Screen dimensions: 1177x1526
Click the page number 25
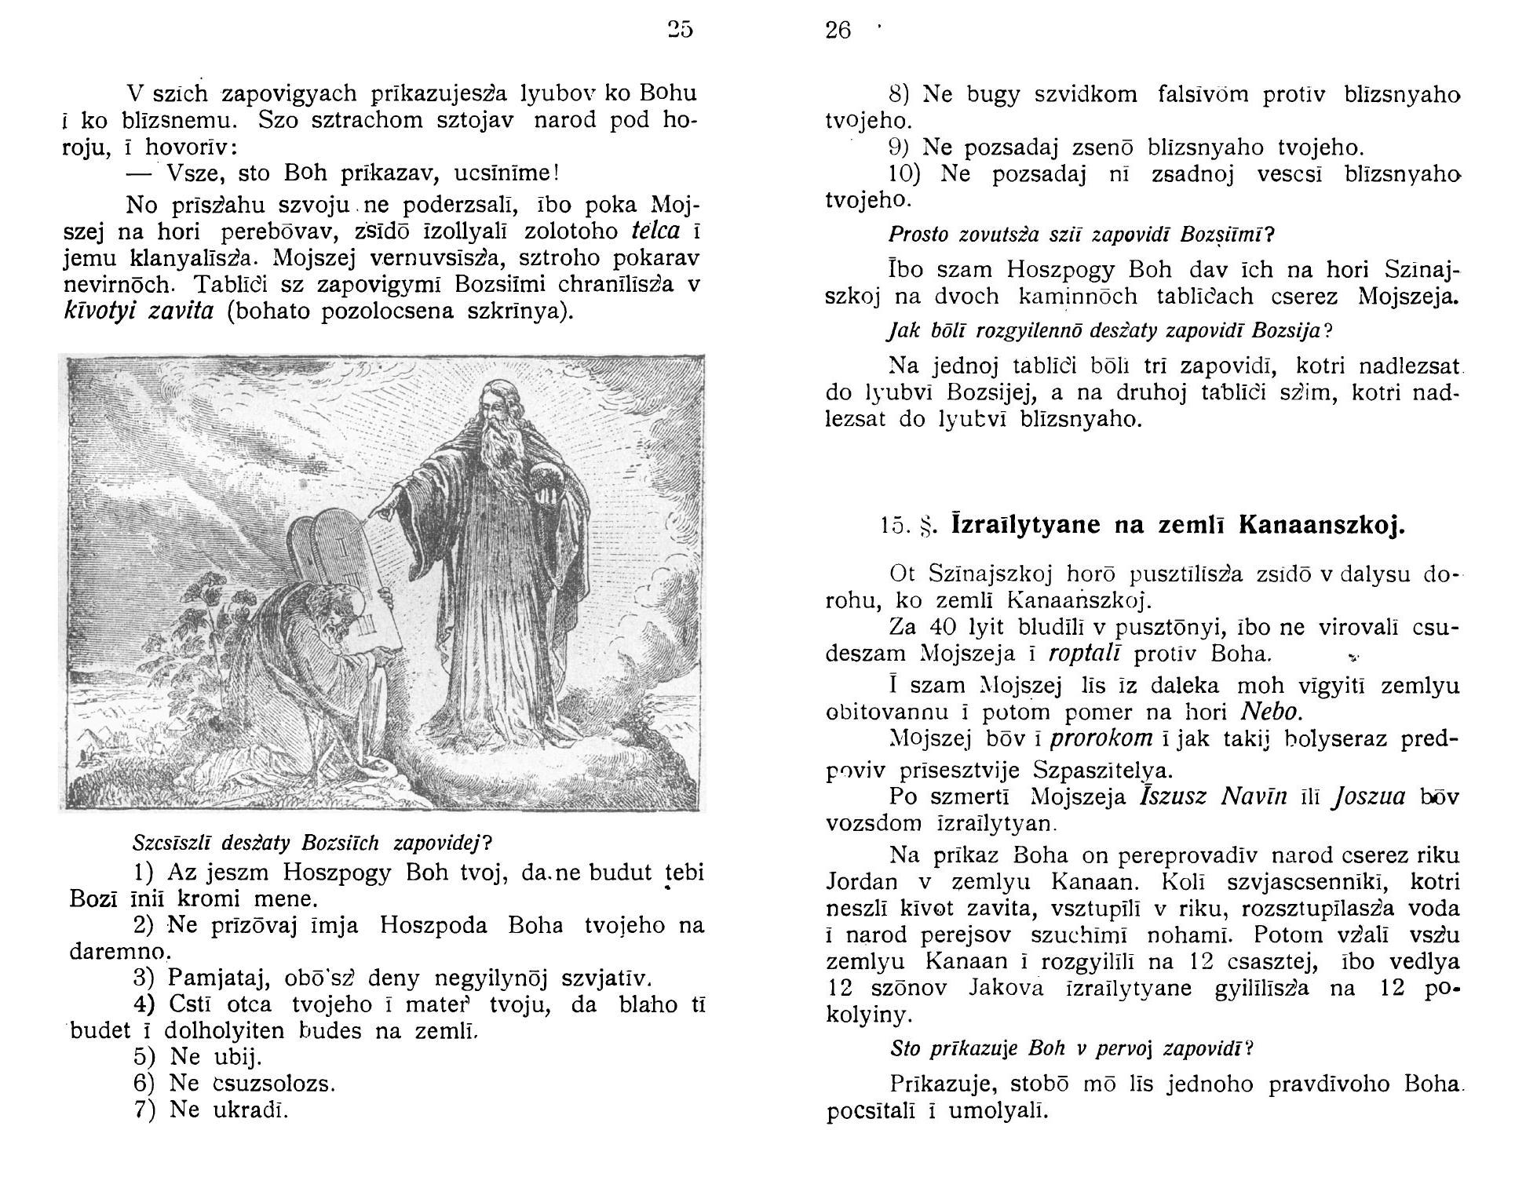[x=681, y=30]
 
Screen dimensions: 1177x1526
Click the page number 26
[x=838, y=31]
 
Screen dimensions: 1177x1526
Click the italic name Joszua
[x=1370, y=796]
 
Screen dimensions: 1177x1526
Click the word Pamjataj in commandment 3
[x=208, y=979]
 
